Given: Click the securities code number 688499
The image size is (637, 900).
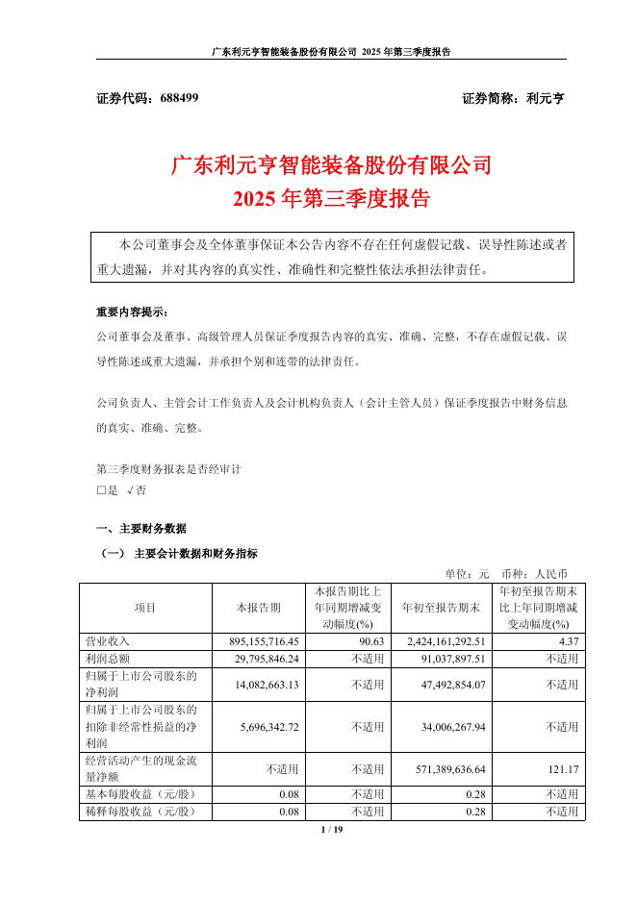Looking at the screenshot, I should (x=176, y=98).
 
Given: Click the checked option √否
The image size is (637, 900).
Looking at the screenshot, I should (x=136, y=489).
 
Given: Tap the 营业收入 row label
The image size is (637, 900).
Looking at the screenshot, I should (x=107, y=640).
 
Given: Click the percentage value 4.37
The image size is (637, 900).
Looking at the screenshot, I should (x=566, y=640).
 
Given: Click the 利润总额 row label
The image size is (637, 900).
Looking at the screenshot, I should (x=107, y=658).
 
